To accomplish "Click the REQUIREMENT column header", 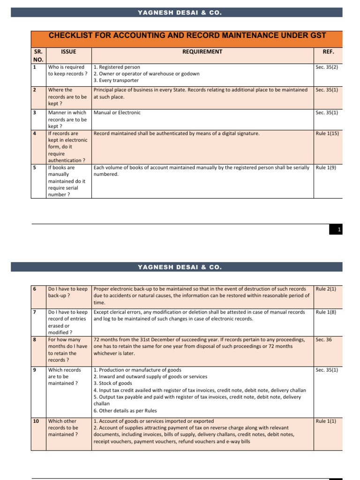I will [x=202, y=52].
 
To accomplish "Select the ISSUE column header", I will [x=68, y=52].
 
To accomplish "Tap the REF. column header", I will [x=329, y=52].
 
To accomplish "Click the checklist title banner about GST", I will [x=187, y=36].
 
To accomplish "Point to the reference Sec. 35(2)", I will [x=327, y=67].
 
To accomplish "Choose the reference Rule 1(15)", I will [x=327, y=134].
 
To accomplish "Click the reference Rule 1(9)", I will [x=326, y=167].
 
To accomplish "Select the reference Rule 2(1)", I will [x=326, y=289].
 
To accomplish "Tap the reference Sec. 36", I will [x=323, y=339].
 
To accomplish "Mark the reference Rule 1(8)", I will [x=326, y=312].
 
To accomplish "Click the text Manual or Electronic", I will [x=117, y=112].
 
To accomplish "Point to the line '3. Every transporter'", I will [x=116, y=81].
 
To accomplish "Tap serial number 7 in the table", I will [x=34, y=312].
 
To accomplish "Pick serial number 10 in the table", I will [x=36, y=421].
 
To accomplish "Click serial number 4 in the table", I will [x=34, y=134].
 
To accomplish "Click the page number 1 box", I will [x=340, y=229].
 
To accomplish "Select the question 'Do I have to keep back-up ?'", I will [x=67, y=292].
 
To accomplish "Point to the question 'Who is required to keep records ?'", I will [x=67, y=70].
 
